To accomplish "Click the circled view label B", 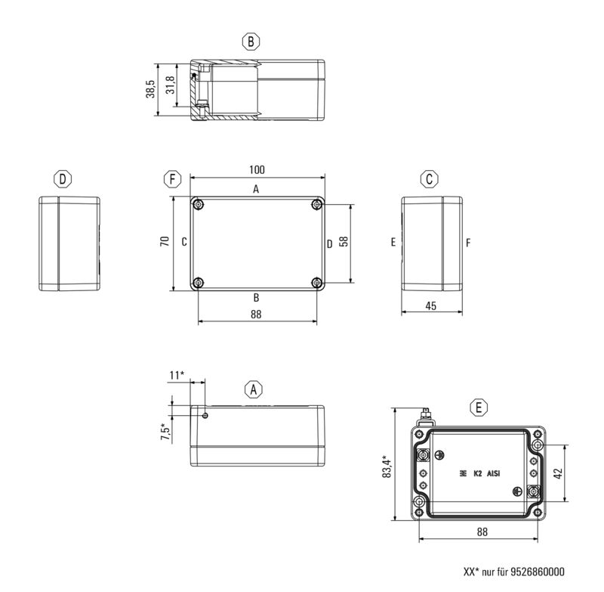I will (251, 41).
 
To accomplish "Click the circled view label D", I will (63, 179).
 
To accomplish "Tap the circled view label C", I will (429, 179).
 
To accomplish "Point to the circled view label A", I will (254, 389).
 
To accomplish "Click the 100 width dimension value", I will (257, 170).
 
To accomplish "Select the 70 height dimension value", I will (163, 243).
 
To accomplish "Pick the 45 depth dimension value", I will (431, 307).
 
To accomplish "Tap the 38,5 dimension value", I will (150, 88).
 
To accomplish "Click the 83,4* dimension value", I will (386, 467).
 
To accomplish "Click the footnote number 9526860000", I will (533, 572).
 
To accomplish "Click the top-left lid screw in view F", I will (198, 205).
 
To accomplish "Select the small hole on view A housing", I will (206, 415).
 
